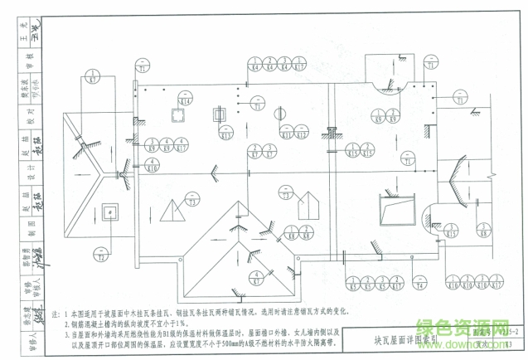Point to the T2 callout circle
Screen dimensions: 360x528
tap(101, 254)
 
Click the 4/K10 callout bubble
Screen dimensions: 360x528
tap(152, 166)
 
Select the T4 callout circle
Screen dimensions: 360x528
tap(421, 286)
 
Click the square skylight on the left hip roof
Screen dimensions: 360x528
tap(110, 210)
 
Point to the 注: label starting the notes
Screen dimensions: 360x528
tap(57, 316)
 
